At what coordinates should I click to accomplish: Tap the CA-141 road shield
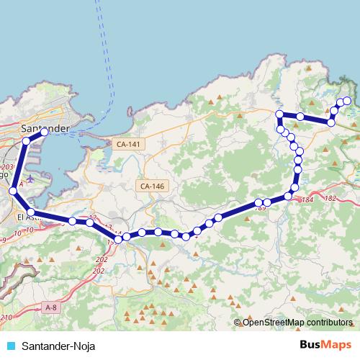(130, 144)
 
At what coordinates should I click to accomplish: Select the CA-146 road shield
(153, 186)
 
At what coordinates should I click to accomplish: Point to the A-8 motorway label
(51, 307)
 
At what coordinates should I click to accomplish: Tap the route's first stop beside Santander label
(45, 132)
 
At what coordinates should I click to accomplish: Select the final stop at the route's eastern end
(347, 101)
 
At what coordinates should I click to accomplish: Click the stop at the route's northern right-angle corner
(279, 114)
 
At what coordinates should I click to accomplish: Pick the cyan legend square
(9, 346)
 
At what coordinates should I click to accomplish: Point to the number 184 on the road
(309, 199)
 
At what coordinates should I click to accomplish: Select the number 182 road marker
(331, 198)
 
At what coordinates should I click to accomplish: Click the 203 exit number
(8, 166)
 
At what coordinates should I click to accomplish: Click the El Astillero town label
(29, 216)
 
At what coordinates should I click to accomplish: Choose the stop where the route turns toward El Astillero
(12, 191)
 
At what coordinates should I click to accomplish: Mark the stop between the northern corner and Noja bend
(300, 117)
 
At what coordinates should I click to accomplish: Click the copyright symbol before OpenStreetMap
(238, 322)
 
